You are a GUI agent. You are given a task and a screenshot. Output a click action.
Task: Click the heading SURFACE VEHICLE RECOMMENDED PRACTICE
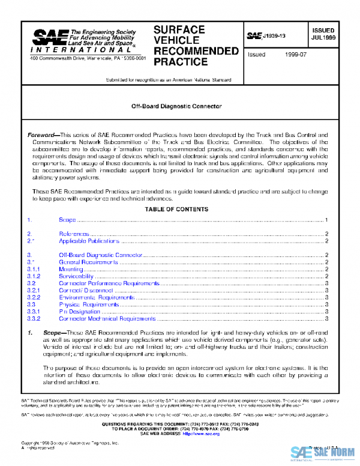tap(196, 46)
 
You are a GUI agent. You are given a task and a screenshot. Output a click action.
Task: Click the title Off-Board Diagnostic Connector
tap(176, 106)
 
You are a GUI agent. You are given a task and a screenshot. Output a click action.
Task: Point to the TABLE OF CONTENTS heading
tap(176, 209)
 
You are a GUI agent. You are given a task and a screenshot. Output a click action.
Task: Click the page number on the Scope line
tap(325, 221)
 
